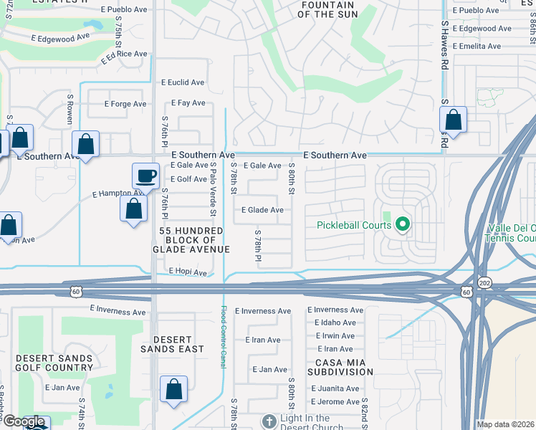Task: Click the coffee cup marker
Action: click(x=145, y=176)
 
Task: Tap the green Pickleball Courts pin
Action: click(x=402, y=226)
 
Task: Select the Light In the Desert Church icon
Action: click(x=269, y=421)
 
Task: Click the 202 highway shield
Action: click(x=485, y=283)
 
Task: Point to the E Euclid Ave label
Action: click(x=183, y=82)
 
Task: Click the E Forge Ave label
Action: click(x=128, y=104)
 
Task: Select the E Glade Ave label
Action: click(x=262, y=210)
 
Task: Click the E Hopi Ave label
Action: click(x=187, y=272)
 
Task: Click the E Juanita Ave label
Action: click(x=335, y=388)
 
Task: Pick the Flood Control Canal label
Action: click(x=223, y=337)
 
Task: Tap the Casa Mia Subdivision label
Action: click(x=341, y=367)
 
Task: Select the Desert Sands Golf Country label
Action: click(x=54, y=363)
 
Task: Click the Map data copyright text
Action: click(x=504, y=424)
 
